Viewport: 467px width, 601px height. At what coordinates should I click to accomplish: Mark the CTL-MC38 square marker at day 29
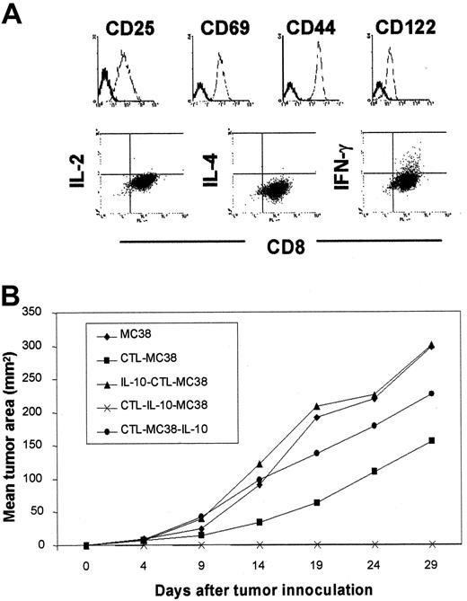pyautogui.click(x=433, y=440)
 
